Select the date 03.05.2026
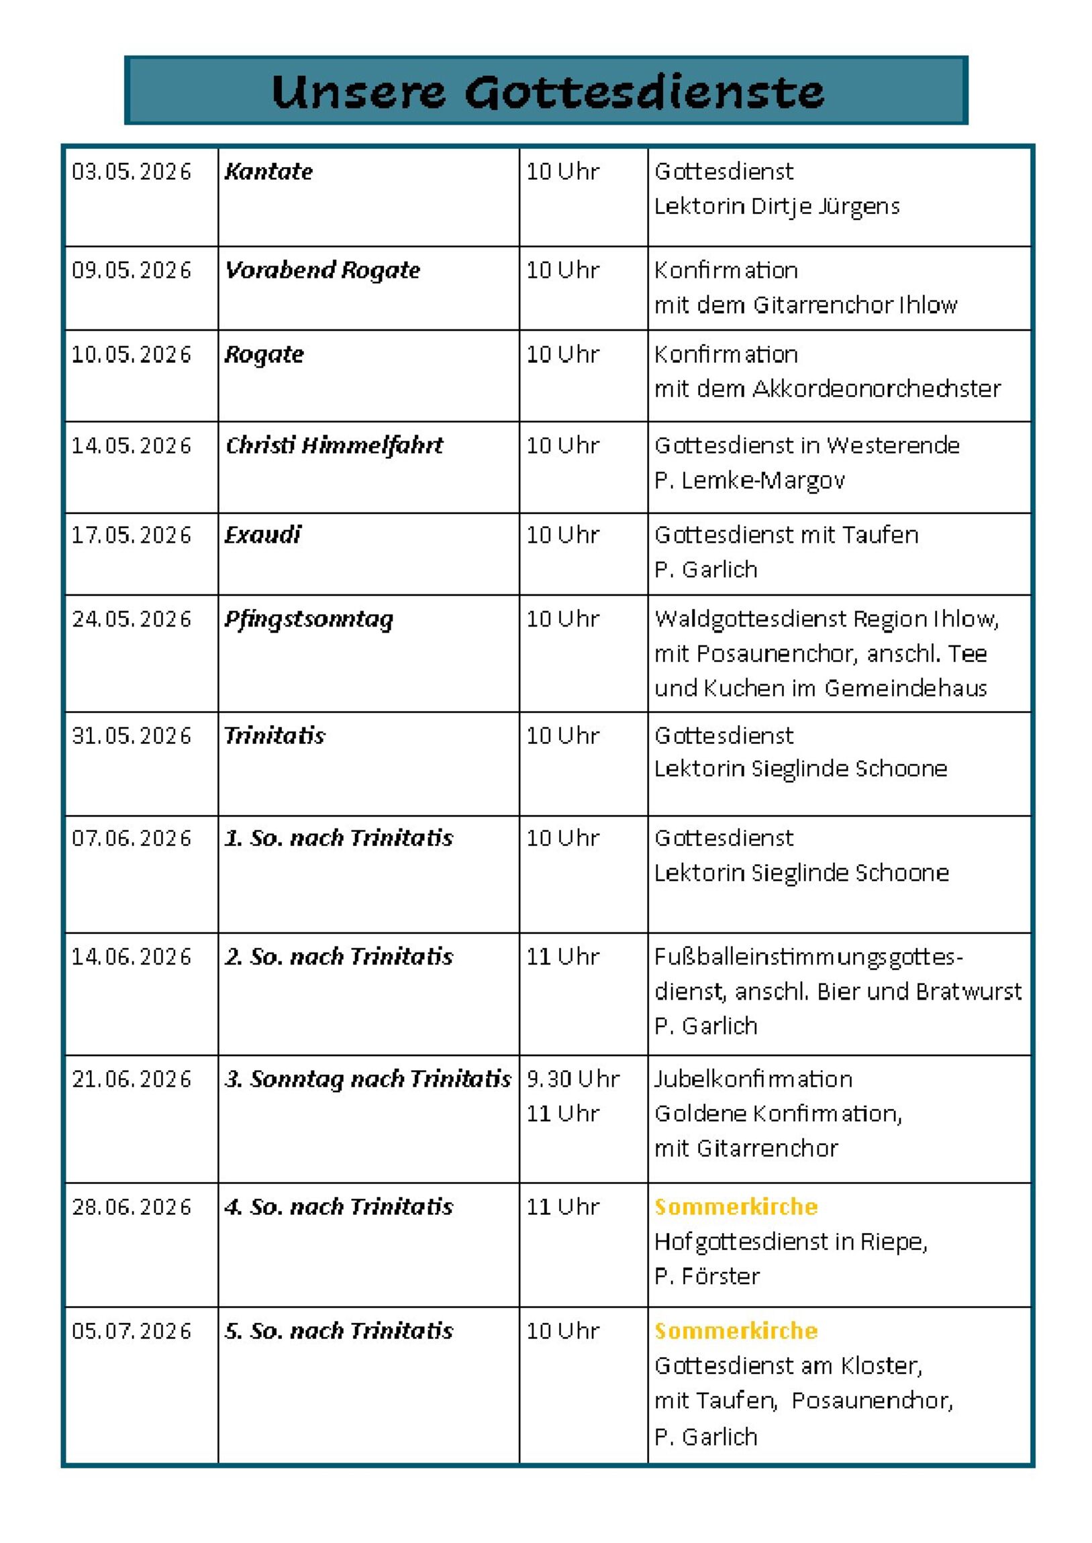click(x=132, y=172)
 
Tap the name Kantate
click(x=268, y=172)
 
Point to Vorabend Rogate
click(x=322, y=270)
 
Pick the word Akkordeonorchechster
click(x=877, y=388)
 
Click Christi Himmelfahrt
click(x=334, y=445)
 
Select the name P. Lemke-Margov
click(x=749, y=480)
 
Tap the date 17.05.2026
click(x=132, y=535)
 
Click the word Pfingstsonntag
click(x=309, y=620)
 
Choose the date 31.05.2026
click(x=132, y=736)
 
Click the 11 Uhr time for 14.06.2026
click(x=562, y=956)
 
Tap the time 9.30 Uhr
click(x=573, y=1079)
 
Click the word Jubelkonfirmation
click(x=753, y=1079)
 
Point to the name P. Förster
click(x=707, y=1275)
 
